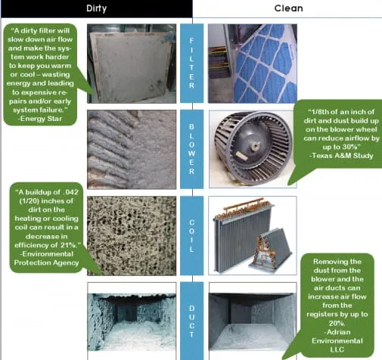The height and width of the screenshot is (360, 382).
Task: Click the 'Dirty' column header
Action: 97,9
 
